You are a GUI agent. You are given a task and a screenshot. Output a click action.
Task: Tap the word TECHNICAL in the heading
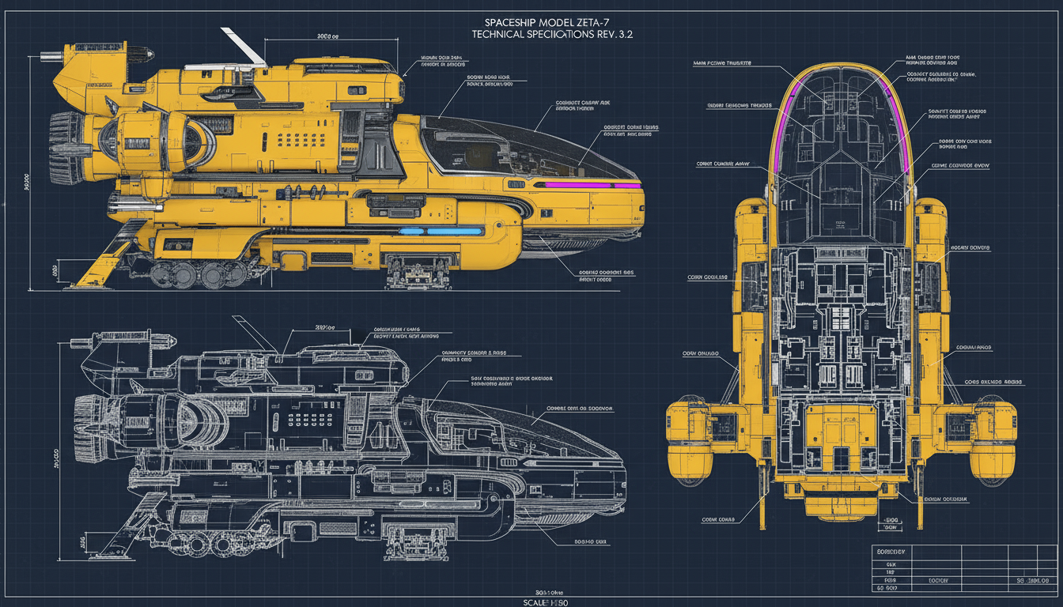coord(503,36)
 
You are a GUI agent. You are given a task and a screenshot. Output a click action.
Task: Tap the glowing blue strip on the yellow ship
coord(440,232)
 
